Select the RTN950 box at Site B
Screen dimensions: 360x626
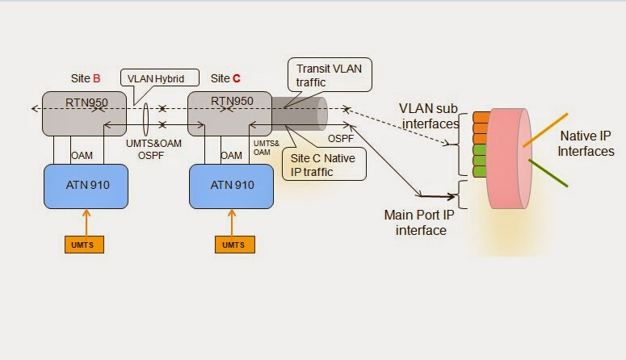pyautogui.click(x=86, y=113)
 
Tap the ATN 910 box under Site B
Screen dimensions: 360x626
pyautogui.click(x=88, y=186)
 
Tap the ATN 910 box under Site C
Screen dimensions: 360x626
pyautogui.click(x=233, y=186)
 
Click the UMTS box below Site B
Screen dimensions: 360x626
pyautogui.click(x=85, y=244)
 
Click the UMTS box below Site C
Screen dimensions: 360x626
pyautogui.click(x=233, y=244)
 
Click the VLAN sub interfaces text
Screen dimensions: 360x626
pyautogui.click(x=429, y=116)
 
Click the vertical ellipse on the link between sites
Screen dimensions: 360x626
pyautogui.click(x=145, y=115)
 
